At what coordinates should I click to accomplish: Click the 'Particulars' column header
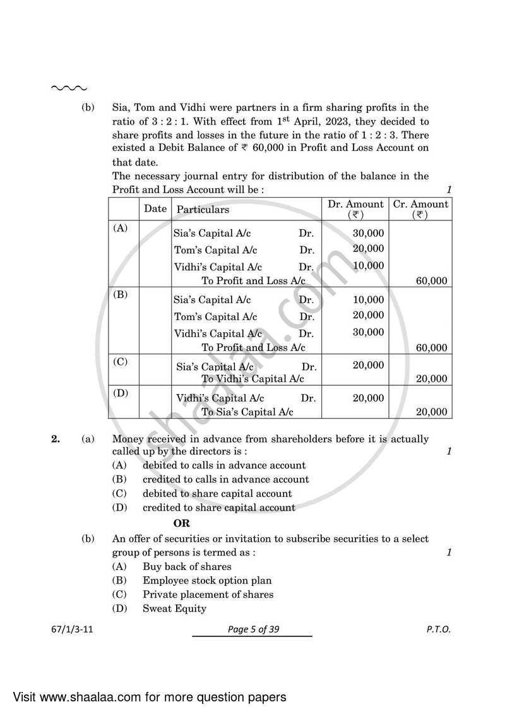203,210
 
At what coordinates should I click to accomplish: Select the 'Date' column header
155,209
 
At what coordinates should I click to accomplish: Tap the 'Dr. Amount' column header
355,209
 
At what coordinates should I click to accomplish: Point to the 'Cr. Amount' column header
420,209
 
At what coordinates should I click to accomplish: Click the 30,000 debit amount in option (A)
368,233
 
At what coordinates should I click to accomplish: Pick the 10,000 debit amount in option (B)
368,299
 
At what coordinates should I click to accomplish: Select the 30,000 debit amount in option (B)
368,332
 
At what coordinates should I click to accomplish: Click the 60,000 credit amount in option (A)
432,281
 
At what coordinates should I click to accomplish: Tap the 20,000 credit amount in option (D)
432,412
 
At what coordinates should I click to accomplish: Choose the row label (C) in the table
120,362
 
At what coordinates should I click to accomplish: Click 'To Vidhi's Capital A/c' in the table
252,379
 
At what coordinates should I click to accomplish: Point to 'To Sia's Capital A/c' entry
247,412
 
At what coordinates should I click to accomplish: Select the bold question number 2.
56,439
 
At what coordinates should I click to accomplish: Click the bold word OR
182,523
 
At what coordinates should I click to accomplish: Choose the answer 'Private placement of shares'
208,594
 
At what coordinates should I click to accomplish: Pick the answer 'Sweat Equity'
174,609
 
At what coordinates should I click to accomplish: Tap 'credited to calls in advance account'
225,479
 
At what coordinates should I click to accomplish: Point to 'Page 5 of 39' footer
252,630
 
